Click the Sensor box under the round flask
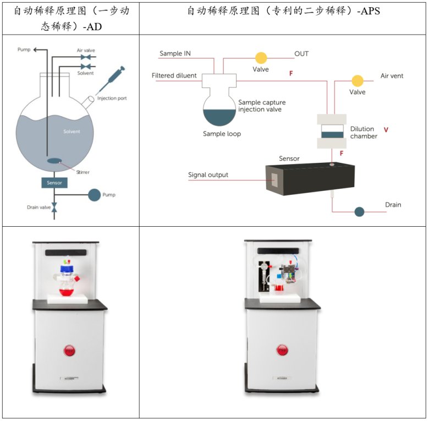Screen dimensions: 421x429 [x=54, y=183]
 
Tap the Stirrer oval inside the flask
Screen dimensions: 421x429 [x=54, y=161]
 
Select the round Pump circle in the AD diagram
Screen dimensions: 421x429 [x=95, y=194]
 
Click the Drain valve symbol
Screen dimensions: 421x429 [x=54, y=207]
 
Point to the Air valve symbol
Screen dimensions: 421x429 [x=85, y=57]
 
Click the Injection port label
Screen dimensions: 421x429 [x=112, y=99]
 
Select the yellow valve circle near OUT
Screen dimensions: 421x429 [x=260, y=58]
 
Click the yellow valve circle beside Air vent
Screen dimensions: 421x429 [x=358, y=81]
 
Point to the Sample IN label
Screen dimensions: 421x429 [x=179, y=53]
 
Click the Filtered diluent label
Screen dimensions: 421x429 [x=174, y=75]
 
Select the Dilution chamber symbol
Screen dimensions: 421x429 [x=332, y=132]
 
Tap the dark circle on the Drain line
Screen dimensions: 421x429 [x=359, y=211]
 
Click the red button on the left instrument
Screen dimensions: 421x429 [x=69, y=351]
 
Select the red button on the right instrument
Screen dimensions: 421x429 [x=283, y=351]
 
